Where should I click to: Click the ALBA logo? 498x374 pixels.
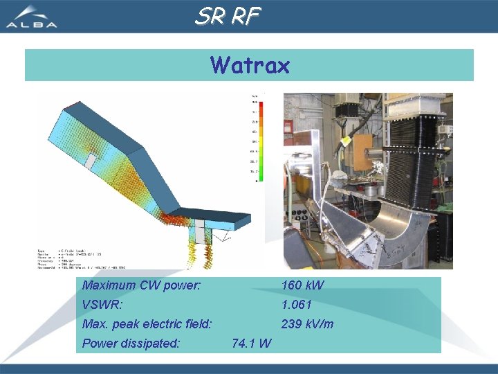pos(32,17)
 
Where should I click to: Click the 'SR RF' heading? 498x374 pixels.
pos(228,16)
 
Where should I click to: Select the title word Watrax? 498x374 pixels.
pos(250,65)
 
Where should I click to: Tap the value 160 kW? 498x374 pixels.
pos(302,285)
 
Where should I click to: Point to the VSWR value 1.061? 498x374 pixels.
pos(296,305)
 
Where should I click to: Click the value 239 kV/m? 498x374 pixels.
pos(307,324)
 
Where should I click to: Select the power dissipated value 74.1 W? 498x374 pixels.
pos(252,344)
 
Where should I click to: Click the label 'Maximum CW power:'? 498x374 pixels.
pos(141,285)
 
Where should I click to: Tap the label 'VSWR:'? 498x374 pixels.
pos(102,305)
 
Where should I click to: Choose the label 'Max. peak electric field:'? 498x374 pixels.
pos(147,324)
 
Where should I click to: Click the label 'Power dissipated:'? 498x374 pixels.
pos(131,344)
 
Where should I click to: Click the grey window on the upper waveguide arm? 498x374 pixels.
pos(91,161)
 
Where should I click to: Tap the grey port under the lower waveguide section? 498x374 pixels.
pos(200,232)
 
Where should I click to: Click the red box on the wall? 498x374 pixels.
pos(288,126)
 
